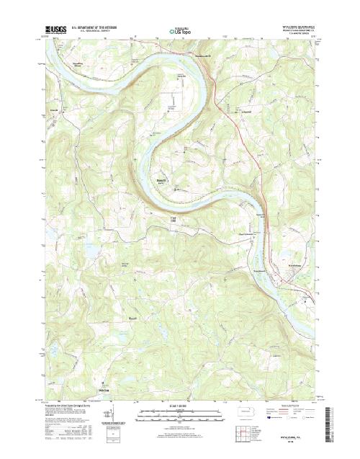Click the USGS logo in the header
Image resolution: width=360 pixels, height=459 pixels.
coord(55,30)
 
